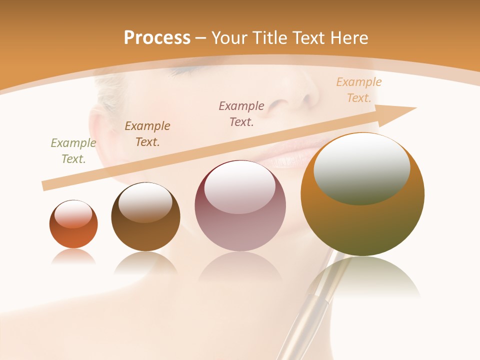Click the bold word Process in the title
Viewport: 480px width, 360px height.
coord(157,37)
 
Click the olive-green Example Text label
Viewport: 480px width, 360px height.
coord(73,151)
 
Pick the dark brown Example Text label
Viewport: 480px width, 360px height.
coord(147,133)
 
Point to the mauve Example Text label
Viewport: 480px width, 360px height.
coord(241,113)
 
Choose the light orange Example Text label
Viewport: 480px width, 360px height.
coord(359,90)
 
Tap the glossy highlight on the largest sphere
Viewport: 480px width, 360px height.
coord(361,167)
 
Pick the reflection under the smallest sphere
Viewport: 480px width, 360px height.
coord(73,256)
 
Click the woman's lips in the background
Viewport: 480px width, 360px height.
coord(295,157)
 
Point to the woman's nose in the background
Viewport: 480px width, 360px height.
coord(295,100)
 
